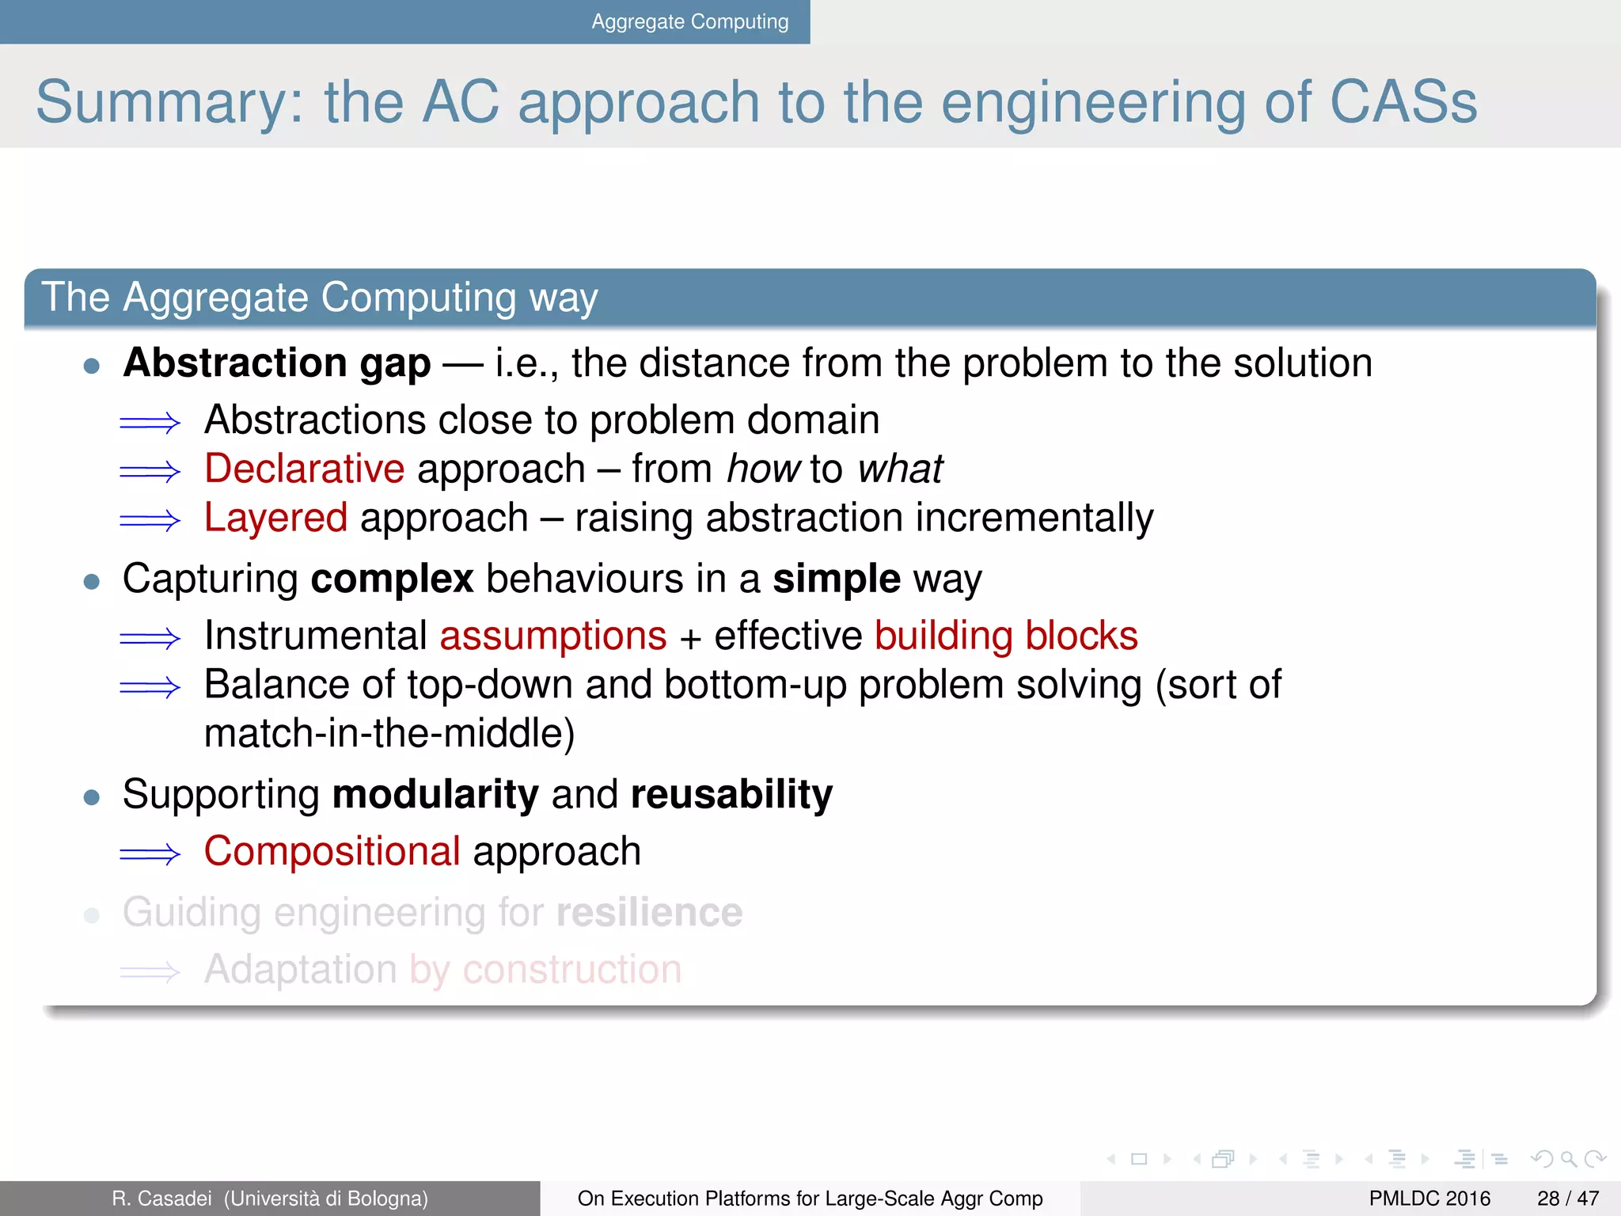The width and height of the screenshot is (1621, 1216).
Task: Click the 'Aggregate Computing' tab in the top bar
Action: (689, 21)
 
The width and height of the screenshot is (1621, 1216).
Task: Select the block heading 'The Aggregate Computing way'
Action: (319, 298)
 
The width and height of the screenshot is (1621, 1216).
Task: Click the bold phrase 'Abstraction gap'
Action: (277, 363)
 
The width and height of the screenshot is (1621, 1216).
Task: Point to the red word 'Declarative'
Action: (304, 469)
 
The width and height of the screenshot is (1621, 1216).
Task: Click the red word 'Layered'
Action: (275, 518)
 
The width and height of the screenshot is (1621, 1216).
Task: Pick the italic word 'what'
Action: (900, 469)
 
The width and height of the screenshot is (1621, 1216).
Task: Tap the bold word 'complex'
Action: (392, 579)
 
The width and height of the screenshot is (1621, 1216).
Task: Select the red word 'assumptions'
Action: (553, 636)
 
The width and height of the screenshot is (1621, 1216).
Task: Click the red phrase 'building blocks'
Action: (1006, 636)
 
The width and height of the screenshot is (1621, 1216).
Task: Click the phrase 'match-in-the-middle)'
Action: (389, 733)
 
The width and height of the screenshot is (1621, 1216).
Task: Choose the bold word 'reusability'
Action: (731, 794)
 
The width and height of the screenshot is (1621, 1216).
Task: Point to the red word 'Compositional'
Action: (332, 852)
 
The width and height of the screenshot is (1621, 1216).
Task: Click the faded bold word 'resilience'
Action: (649, 912)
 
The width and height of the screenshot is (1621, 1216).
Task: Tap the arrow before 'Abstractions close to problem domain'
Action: (150, 423)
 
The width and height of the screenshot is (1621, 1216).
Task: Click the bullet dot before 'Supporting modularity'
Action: (92, 796)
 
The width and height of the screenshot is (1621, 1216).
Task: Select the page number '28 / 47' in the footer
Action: (1567, 1199)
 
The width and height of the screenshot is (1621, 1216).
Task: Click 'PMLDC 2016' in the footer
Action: (1429, 1199)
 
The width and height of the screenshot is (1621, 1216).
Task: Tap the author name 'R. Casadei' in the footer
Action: (161, 1199)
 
